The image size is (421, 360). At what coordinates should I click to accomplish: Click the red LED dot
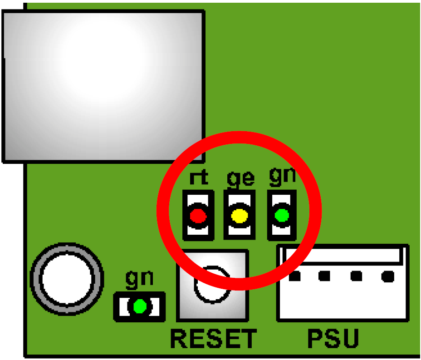coord(198,216)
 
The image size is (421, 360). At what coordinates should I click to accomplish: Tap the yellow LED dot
coord(240,216)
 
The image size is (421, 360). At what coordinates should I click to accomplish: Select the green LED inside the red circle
coord(282,215)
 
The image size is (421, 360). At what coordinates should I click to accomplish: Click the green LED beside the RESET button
coord(140,306)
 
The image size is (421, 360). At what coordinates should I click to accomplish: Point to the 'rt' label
coord(199,177)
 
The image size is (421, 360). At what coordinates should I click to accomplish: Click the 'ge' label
coord(241,178)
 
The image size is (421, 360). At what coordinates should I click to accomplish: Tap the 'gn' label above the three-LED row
coord(283,176)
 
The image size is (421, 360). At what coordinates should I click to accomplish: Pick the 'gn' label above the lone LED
coord(140,279)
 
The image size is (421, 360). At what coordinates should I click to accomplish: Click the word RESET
coord(214,339)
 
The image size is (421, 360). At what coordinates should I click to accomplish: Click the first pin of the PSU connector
coord(294,276)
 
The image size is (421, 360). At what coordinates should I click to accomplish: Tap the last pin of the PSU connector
coord(388,276)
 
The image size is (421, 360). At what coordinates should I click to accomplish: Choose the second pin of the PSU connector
coord(324,276)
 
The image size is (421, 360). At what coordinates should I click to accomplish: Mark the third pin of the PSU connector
coord(356,276)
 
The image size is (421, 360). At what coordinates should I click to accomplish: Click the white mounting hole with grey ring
coord(67,279)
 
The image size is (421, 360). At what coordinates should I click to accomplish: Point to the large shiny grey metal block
coord(103,87)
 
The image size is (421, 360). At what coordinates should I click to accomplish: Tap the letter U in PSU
coord(350,339)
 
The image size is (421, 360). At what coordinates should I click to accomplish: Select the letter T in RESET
coord(248,339)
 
